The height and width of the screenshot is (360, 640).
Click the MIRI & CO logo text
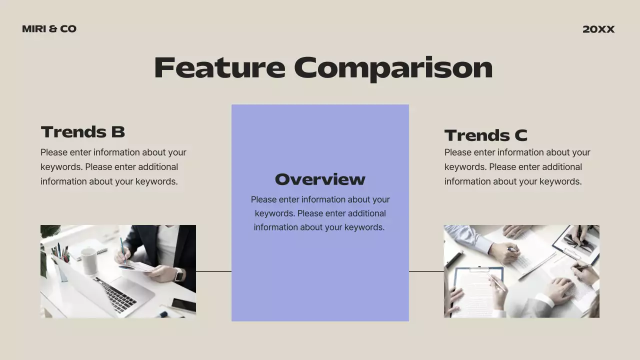(49, 29)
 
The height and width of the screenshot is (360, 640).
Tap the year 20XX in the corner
(598, 29)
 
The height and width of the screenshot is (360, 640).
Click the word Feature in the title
(219, 67)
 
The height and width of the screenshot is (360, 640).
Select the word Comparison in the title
(393, 67)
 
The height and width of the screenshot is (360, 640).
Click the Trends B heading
(82, 132)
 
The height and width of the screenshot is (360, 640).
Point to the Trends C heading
(485, 135)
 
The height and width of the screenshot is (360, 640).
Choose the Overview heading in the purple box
(320, 179)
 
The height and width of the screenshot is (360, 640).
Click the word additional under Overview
(360, 213)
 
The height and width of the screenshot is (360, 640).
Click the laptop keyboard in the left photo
(115, 294)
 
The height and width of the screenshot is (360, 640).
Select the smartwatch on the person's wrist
(178, 274)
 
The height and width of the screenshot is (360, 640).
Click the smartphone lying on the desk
(183, 304)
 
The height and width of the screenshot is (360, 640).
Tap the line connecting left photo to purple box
(213, 271)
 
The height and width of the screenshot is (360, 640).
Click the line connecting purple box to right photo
(426, 271)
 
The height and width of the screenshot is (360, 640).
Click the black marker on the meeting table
(454, 259)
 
